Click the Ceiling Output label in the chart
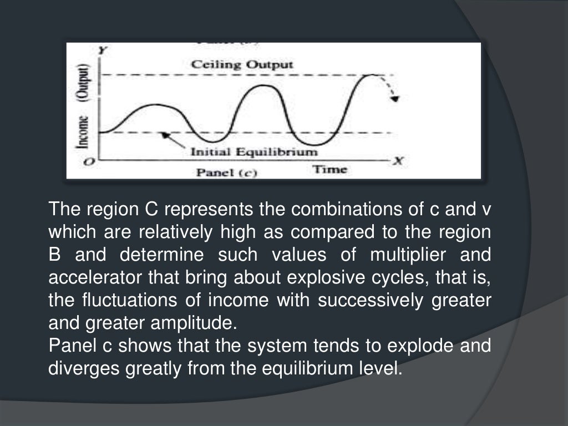(x=242, y=65)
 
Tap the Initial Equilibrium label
(x=255, y=151)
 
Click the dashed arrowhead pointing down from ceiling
(x=394, y=98)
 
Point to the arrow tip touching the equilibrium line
(x=161, y=134)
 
